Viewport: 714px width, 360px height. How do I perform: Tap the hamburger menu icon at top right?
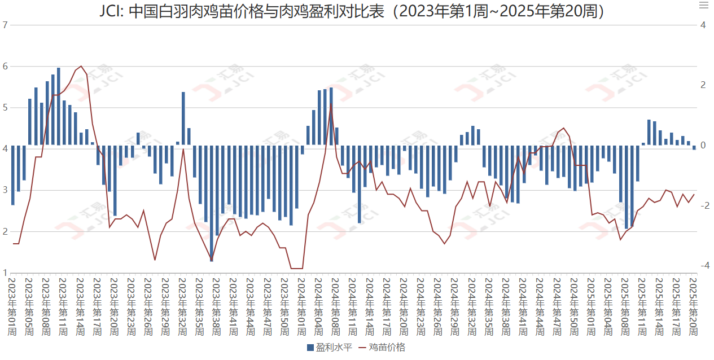pyautogui.click(x=703, y=6)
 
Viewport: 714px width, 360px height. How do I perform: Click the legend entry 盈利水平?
pyautogui.click(x=330, y=347)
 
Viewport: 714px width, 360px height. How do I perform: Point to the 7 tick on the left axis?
pyautogui.click(x=5, y=25)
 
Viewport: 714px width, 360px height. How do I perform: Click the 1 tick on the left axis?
pyautogui.click(x=5, y=273)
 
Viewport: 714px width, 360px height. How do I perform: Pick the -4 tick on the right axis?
pyautogui.click(x=703, y=266)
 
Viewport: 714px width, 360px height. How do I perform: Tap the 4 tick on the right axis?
pyautogui.click(x=703, y=25)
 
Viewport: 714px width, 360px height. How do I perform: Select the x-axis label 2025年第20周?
pyautogui.click(x=694, y=305)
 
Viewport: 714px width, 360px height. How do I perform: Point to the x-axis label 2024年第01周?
pyautogui.click(x=302, y=305)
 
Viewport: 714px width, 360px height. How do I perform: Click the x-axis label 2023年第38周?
pyautogui.click(x=217, y=305)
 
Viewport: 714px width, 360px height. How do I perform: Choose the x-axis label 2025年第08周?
pyautogui.click(x=625, y=305)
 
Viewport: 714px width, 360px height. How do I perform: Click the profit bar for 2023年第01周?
pyautogui.click(x=12, y=175)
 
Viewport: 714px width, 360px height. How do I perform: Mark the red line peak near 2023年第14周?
pyautogui.click(x=81, y=67)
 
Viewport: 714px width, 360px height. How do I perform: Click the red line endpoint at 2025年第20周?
pyautogui.click(x=694, y=195)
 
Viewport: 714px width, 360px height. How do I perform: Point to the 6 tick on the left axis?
pyautogui.click(x=5, y=66)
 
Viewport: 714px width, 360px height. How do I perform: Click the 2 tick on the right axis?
pyautogui.click(x=703, y=85)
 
